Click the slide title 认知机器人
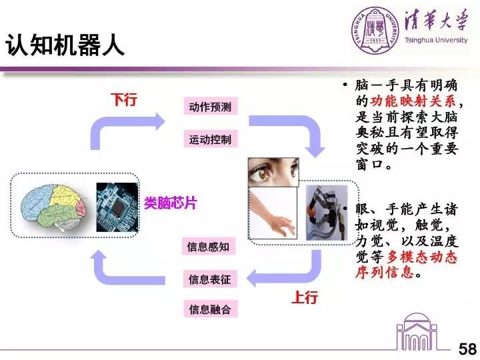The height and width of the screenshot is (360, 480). [x=65, y=46]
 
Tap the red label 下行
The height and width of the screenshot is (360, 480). [x=123, y=101]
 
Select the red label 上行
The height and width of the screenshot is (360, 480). [x=305, y=298]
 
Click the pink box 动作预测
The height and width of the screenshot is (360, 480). [x=209, y=107]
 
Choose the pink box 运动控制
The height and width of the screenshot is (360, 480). [x=209, y=139]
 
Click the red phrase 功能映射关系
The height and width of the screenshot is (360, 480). [x=413, y=102]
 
